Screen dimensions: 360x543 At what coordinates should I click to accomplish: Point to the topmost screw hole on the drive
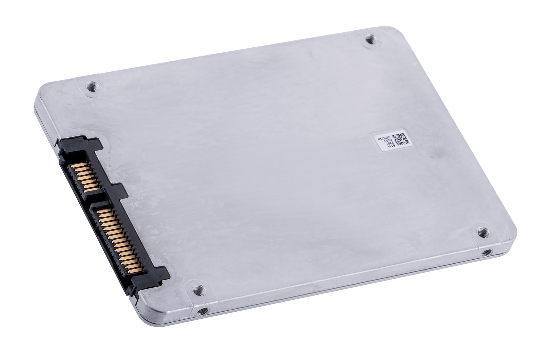tap(370, 40)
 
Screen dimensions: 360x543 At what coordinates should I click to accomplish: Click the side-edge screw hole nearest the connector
tap(201, 312)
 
